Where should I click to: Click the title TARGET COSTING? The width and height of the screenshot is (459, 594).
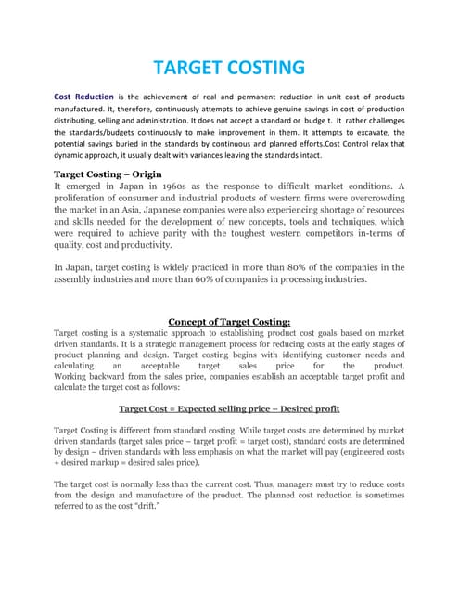pos(229,67)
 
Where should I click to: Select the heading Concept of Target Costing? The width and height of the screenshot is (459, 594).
pos(229,322)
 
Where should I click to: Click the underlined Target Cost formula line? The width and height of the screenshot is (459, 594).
pos(229,408)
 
